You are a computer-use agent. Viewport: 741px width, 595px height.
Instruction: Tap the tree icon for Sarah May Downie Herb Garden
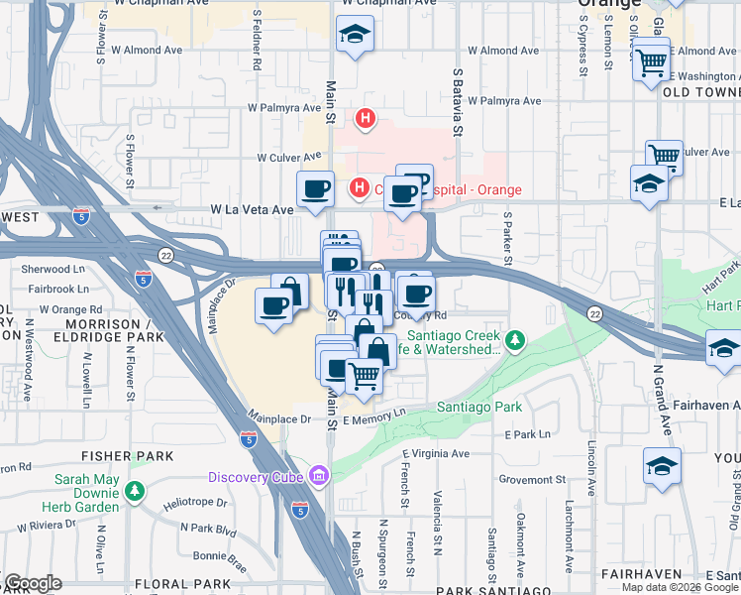click(x=134, y=490)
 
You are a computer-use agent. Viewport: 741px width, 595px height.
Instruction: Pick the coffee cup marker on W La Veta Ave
click(x=316, y=188)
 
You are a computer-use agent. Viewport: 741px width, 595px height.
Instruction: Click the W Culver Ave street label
click(x=289, y=157)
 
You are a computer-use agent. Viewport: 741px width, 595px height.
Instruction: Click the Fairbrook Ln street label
click(x=58, y=289)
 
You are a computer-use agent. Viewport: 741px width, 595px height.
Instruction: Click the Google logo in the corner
click(x=32, y=583)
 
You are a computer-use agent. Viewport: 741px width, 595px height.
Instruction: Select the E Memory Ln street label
click(x=374, y=418)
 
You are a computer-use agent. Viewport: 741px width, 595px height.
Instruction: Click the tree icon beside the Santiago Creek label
click(x=514, y=342)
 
